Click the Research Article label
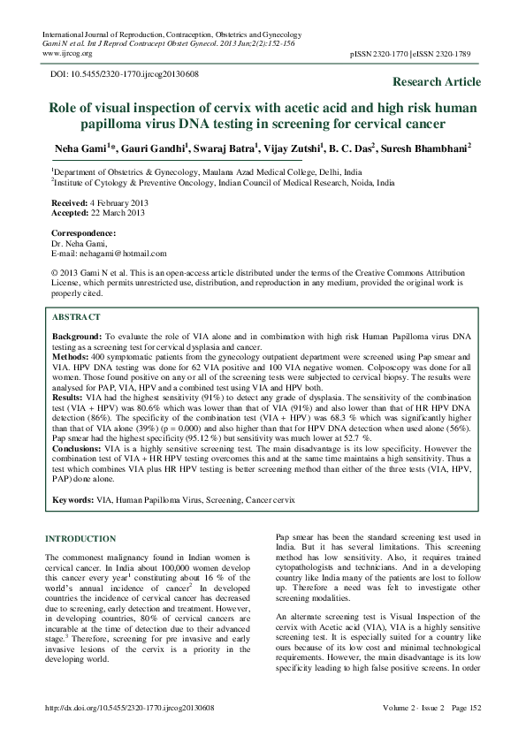[436, 82]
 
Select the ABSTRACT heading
[76, 315]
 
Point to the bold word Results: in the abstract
[70, 399]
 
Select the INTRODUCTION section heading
[80, 539]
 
